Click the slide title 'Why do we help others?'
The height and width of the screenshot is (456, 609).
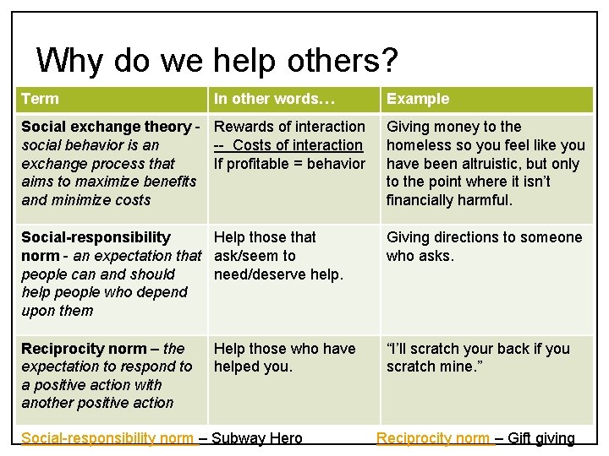pyautogui.click(x=217, y=61)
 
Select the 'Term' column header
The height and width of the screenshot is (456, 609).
pyautogui.click(x=40, y=99)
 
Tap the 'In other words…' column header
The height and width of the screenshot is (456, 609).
pyautogui.click(x=274, y=99)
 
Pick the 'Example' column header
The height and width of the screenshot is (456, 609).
pyautogui.click(x=418, y=99)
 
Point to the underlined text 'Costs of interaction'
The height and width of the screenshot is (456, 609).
pyautogui.click(x=297, y=145)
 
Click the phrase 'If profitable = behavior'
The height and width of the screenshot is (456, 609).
pyautogui.click(x=289, y=163)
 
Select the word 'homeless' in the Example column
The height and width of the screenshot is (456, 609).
pyautogui.click(x=416, y=145)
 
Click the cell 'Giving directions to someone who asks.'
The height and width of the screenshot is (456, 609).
pyautogui.click(x=484, y=247)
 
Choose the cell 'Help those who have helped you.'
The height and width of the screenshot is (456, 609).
pyautogui.click(x=283, y=357)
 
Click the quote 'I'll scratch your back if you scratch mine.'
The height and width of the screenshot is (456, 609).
pyautogui.click(x=478, y=357)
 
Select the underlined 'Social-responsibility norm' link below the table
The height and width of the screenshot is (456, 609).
pyautogui.click(x=107, y=438)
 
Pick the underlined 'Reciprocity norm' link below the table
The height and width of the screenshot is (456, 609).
pyautogui.click(x=432, y=438)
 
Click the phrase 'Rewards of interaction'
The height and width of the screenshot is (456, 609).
pyautogui.click(x=289, y=127)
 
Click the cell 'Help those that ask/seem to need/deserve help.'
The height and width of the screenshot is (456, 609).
pyautogui.click(x=279, y=256)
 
